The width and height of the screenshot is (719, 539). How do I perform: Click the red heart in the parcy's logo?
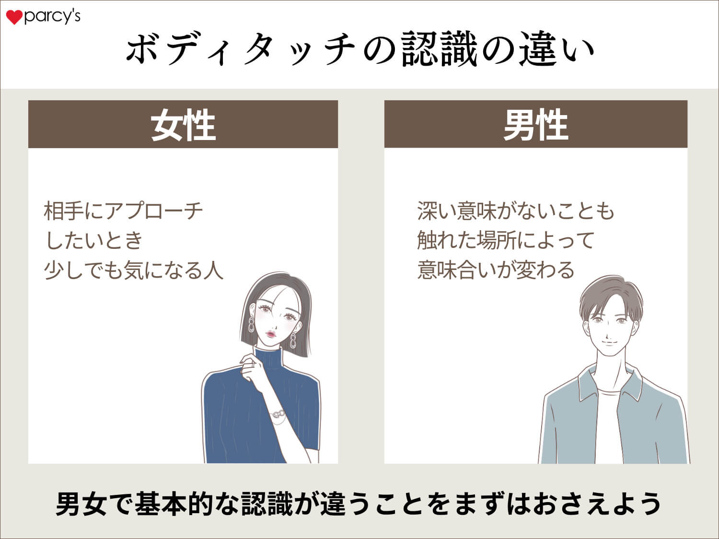14,18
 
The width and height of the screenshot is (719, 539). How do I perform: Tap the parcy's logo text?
52,17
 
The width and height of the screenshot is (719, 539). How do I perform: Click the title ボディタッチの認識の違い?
359,49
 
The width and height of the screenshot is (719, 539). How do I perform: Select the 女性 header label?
183,125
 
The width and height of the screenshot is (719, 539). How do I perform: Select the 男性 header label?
535,125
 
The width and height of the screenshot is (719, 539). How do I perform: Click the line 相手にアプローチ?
124,211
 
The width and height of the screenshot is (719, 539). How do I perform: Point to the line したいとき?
94,240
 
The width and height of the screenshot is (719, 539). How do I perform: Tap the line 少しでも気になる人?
134,270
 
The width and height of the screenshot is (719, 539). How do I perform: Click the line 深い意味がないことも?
515,211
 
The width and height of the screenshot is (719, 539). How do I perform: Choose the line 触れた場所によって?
506,240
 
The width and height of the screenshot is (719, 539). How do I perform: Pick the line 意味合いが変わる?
496,270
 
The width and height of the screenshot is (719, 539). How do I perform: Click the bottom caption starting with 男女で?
359,504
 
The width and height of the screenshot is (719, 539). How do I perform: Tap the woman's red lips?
271,333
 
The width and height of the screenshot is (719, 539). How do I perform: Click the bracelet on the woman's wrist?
278,413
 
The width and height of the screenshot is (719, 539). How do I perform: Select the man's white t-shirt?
608,422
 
